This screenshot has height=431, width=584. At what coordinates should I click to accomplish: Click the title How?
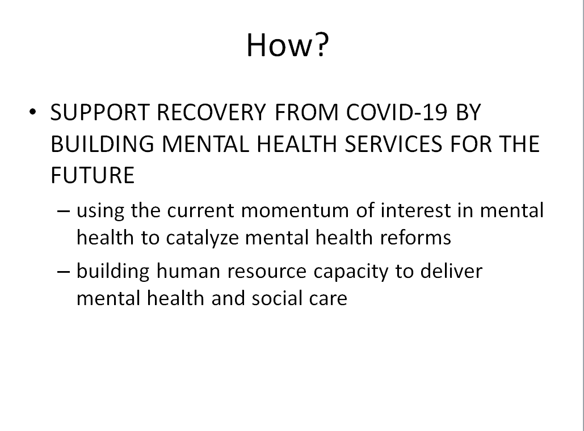(x=287, y=45)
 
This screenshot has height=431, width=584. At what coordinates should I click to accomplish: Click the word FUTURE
(x=92, y=175)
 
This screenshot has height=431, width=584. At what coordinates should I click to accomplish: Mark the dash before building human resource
(x=64, y=271)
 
